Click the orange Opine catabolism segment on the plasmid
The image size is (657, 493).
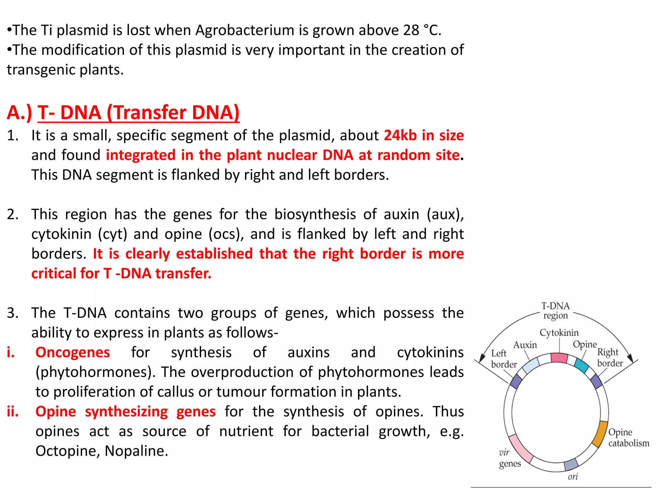(600, 434)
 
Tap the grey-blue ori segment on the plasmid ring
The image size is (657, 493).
(571, 464)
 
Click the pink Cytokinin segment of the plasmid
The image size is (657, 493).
(559, 358)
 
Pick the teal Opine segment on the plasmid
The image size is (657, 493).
(581, 365)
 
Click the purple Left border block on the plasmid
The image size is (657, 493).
(516, 381)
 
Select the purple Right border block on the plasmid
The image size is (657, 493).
(596, 381)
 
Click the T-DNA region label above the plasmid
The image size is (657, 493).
(555, 310)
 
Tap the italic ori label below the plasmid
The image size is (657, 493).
(573, 477)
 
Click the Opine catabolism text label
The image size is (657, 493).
(628, 437)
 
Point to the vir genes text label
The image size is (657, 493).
(509, 458)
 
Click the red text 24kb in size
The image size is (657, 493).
(423, 135)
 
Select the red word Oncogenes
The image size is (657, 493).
(73, 352)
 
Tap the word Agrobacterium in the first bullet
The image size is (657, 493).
(245, 30)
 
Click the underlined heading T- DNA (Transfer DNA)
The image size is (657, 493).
(139, 113)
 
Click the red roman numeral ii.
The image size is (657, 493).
(13, 411)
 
